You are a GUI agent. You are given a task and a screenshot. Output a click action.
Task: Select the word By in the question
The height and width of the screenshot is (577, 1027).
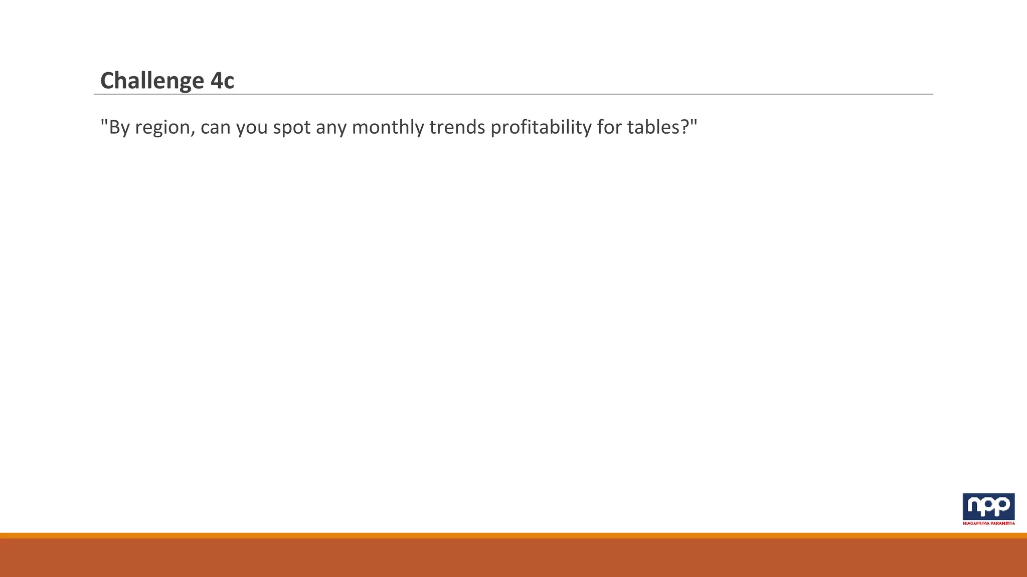coord(119,127)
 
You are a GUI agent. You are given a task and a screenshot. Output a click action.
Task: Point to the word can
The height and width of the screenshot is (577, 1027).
coord(216,128)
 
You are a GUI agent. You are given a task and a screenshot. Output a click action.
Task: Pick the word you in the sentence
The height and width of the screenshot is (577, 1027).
coord(252,128)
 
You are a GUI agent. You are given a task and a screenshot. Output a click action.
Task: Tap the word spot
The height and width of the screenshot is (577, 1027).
coord(292,128)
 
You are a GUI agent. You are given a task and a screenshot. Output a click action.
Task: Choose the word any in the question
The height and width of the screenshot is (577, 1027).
coord(331,128)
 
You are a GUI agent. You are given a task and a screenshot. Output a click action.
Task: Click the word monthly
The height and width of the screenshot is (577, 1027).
coord(388,128)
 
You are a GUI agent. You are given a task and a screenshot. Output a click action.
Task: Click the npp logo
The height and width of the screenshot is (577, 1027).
coord(988,506)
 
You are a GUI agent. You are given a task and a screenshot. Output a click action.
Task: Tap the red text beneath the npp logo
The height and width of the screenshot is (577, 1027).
coord(988,523)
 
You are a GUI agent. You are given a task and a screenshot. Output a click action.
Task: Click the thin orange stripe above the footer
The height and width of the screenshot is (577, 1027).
coord(513,535)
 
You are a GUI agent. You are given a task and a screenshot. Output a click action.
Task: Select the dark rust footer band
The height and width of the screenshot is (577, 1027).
coord(513,558)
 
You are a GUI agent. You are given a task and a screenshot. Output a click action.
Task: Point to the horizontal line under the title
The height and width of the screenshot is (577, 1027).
coord(513,94)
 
